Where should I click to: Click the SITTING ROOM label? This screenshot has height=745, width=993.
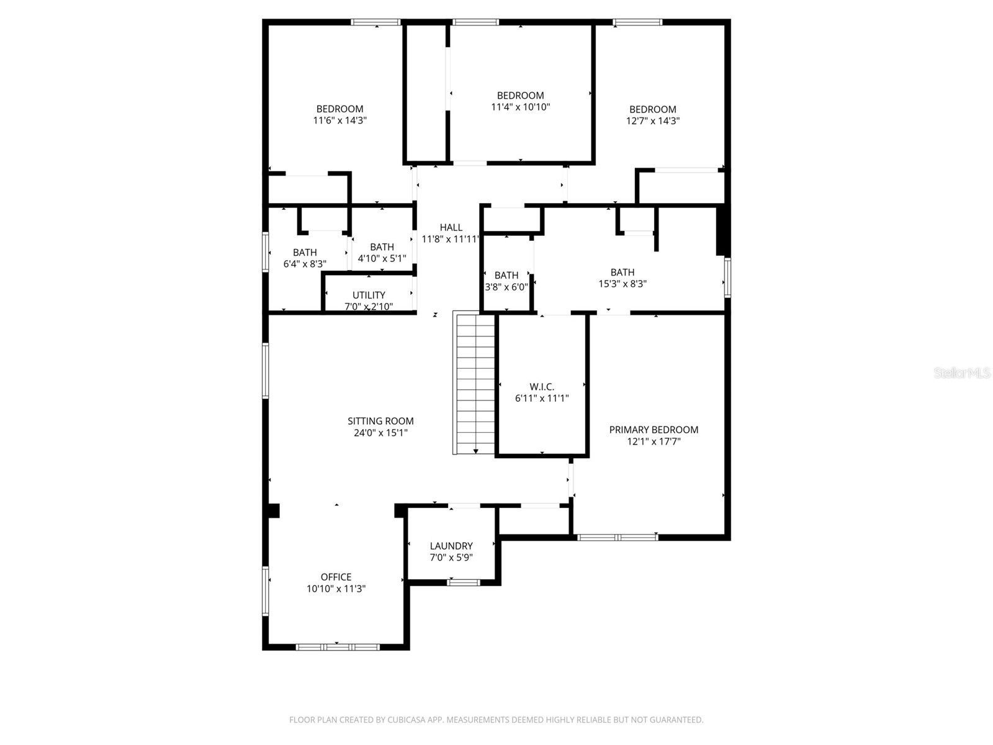380,421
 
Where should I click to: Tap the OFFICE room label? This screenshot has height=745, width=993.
336,577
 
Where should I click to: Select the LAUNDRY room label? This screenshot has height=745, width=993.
451,546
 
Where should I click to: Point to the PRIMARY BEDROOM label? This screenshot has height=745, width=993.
654,430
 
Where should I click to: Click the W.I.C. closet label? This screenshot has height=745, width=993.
542,387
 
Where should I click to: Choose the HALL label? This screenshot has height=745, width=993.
451,227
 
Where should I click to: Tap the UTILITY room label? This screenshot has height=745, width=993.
369,295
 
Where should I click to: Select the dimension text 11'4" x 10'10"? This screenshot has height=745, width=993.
520,107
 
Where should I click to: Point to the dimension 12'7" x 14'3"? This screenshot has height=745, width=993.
652,121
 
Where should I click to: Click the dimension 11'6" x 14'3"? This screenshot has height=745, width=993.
339,121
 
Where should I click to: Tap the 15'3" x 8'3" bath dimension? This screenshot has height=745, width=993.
622,284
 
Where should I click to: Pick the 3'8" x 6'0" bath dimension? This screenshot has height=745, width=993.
506,287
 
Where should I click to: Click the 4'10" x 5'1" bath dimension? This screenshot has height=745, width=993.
382,258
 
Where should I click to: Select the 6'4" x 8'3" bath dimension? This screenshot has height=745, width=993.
305,264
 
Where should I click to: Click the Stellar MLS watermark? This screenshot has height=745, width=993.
963,373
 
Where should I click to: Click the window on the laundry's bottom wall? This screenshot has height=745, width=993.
464,582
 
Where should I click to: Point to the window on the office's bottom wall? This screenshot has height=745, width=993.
337,647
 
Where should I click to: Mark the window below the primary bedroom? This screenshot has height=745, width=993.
618,537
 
